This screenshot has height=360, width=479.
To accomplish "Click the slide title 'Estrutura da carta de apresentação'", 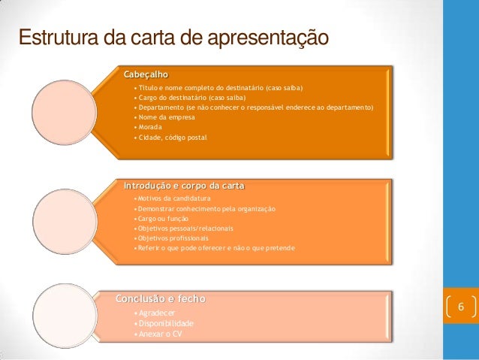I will (x=173, y=37).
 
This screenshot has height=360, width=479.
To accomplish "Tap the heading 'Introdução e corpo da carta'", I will (x=184, y=185).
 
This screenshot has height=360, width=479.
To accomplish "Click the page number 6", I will (x=461, y=308).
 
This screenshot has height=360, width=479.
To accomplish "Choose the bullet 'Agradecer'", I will (x=155, y=312).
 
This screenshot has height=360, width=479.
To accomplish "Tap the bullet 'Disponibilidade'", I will (x=163, y=323).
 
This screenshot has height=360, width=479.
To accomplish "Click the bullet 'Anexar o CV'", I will (x=156, y=334).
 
